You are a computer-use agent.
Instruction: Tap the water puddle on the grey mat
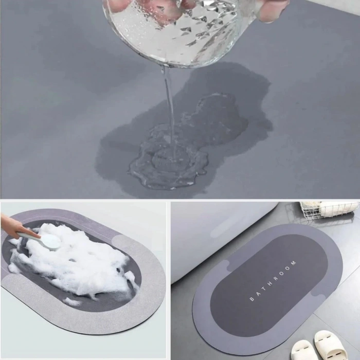(165, 162)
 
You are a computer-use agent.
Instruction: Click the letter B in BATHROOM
(251, 298)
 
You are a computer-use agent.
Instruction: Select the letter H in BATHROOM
(270, 283)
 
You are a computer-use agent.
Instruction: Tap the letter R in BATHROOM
(276, 278)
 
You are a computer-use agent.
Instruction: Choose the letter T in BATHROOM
(264, 288)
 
